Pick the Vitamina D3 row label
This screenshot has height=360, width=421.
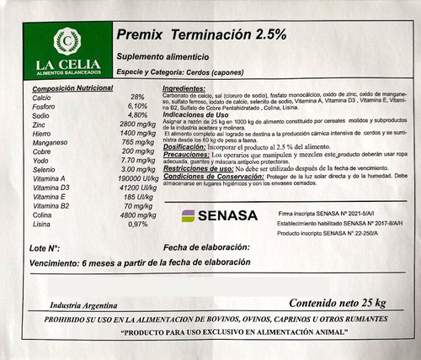click(x=51, y=188)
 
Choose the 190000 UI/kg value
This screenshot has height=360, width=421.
click(x=138, y=179)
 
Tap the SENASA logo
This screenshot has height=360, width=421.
click(x=220, y=216)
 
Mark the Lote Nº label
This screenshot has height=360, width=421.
click(x=44, y=250)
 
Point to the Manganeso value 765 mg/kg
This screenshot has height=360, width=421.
click(x=138, y=142)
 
